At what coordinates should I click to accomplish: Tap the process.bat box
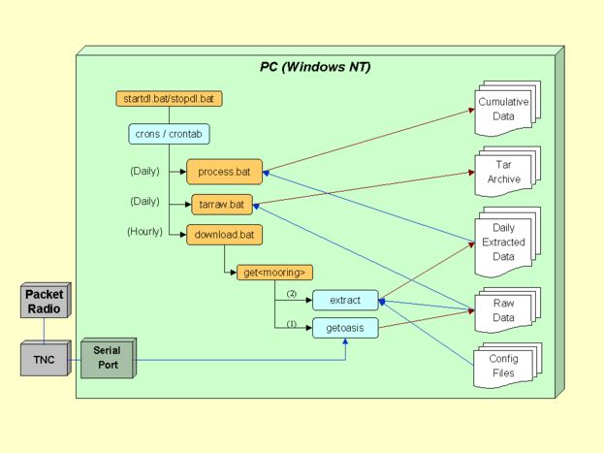click(x=224, y=172)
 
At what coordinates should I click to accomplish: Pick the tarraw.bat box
click(x=222, y=205)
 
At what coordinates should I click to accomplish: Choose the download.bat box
click(x=225, y=235)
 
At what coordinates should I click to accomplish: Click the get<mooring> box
click(x=275, y=273)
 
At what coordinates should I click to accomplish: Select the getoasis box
click(x=344, y=328)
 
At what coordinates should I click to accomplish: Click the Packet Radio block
click(x=43, y=301)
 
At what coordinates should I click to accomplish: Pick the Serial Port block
click(x=106, y=358)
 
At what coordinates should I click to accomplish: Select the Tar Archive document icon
click(x=505, y=173)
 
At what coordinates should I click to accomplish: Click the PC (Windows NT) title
click(x=315, y=67)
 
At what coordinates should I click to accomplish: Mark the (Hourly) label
click(x=145, y=232)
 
